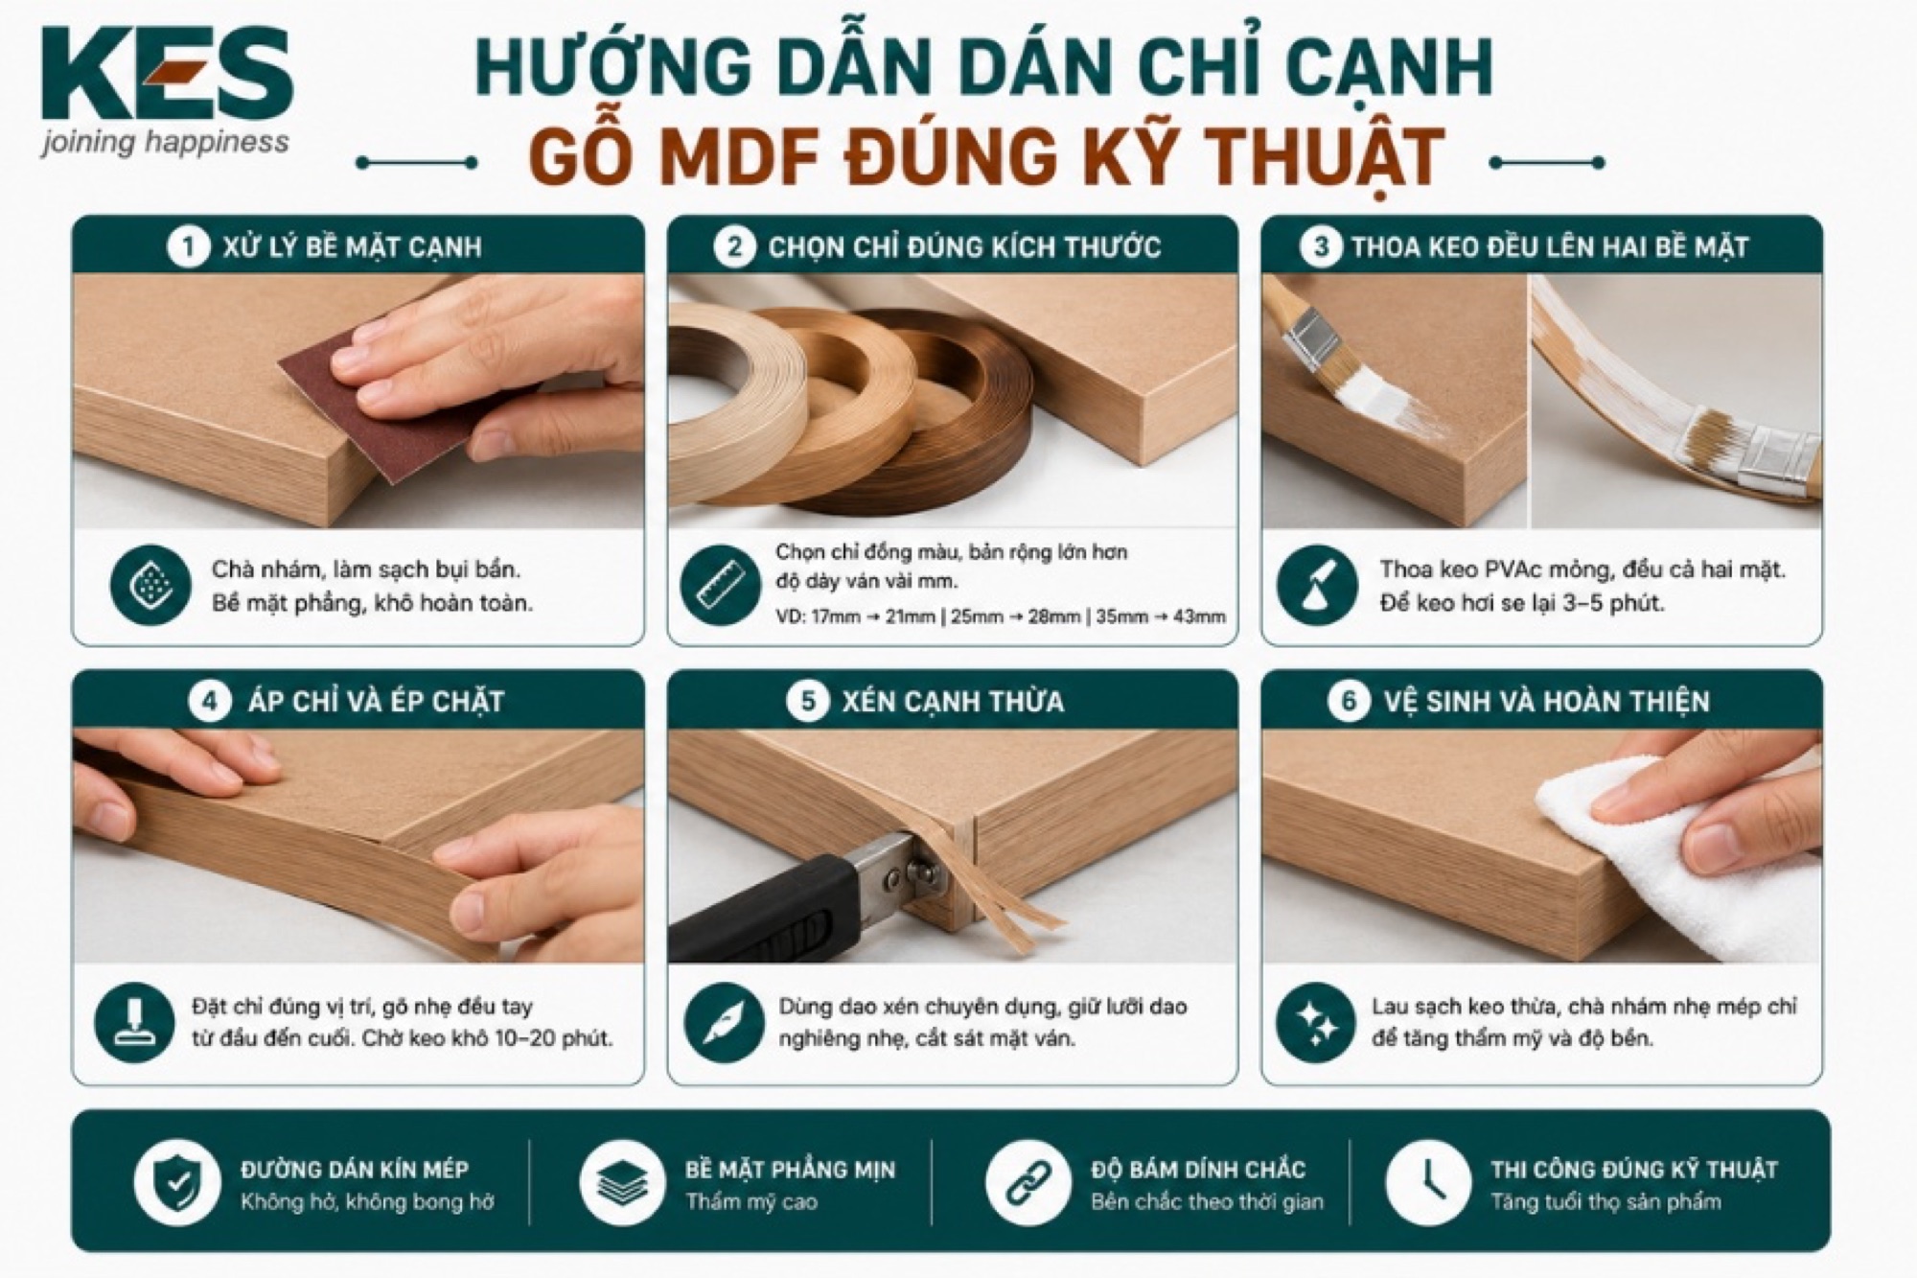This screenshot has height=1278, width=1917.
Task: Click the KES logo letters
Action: pyautogui.click(x=167, y=74)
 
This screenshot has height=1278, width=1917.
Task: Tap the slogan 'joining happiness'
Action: pyautogui.click(x=165, y=143)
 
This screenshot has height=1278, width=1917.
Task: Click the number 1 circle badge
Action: pyautogui.click(x=188, y=247)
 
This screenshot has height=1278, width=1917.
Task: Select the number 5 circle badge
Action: pyautogui.click(x=807, y=701)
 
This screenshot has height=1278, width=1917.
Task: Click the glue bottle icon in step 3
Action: pyautogui.click(x=1317, y=585)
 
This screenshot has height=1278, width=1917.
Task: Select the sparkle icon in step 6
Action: pyautogui.click(x=1317, y=1022)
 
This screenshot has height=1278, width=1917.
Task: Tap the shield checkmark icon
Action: pyautogui.click(x=177, y=1182)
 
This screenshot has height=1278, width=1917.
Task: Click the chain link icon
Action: pyautogui.click(x=1028, y=1182)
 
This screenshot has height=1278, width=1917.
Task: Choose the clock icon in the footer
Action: pyautogui.click(x=1428, y=1182)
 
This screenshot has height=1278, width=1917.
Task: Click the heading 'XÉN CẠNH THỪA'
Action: pyautogui.click(x=953, y=702)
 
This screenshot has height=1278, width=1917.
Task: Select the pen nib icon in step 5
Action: pyautogui.click(x=725, y=1022)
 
